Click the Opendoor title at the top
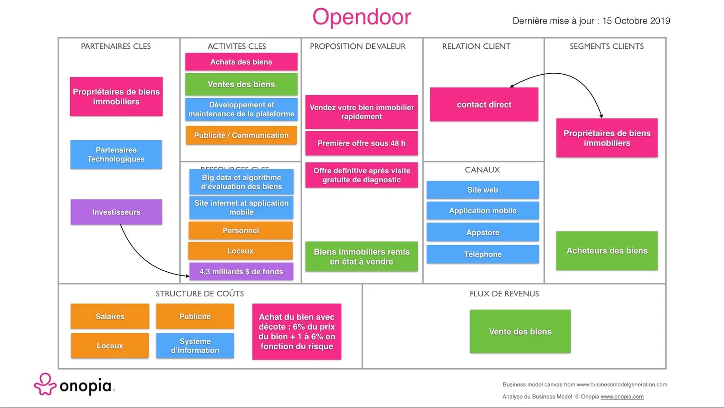[362, 17]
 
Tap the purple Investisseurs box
[116, 212]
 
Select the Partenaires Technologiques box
[116, 155]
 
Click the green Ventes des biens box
[241, 85]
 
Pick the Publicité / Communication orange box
[241, 135]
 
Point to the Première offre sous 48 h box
[361, 143]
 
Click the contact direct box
[484, 104]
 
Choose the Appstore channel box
[482, 232]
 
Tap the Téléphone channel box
[482, 254]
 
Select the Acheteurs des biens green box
[607, 251]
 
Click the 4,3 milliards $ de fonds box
[241, 272]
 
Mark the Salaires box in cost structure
[110, 317]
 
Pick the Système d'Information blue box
[195, 346]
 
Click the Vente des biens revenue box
[520, 332]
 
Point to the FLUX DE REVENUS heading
[504, 294]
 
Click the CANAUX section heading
[482, 170]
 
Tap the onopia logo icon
[45, 384]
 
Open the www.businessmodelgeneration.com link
[622, 385]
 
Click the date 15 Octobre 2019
[636, 21]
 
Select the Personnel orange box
[241, 231]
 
